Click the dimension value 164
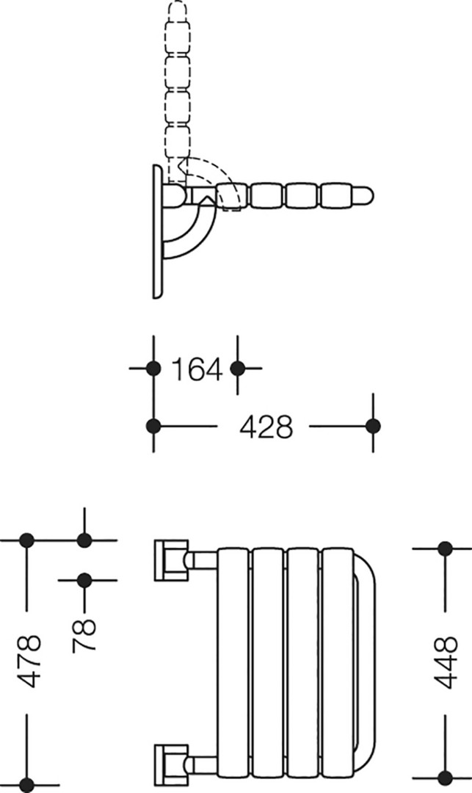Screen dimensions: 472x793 197,369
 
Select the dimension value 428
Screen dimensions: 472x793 266,427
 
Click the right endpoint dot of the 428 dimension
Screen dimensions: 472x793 374,426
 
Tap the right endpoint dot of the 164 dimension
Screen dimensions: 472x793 238,368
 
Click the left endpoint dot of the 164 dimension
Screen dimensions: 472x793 153,368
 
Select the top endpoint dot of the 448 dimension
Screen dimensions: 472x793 446,548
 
